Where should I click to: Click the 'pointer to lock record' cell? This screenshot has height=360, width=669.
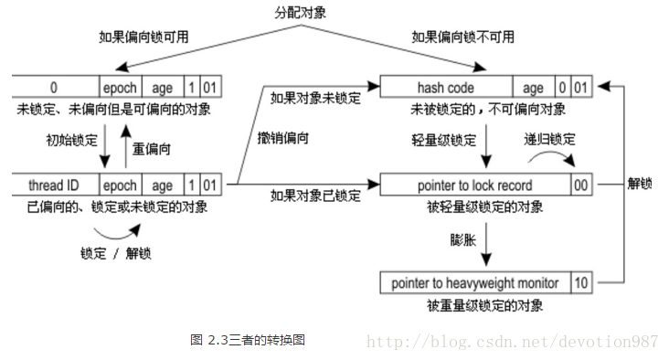click(x=474, y=185)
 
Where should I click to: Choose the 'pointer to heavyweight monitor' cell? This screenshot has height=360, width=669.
click(x=474, y=282)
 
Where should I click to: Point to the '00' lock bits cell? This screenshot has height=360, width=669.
click(x=580, y=185)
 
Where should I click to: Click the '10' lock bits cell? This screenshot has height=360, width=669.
click(x=580, y=282)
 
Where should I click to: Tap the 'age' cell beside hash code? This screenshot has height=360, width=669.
click(x=533, y=88)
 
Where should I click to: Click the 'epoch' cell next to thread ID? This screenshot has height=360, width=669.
click(x=121, y=185)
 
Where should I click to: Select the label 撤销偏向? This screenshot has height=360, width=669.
click(x=283, y=138)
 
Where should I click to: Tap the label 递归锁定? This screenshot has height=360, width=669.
click(x=549, y=139)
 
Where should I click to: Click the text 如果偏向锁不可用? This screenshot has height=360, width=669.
click(x=462, y=37)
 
